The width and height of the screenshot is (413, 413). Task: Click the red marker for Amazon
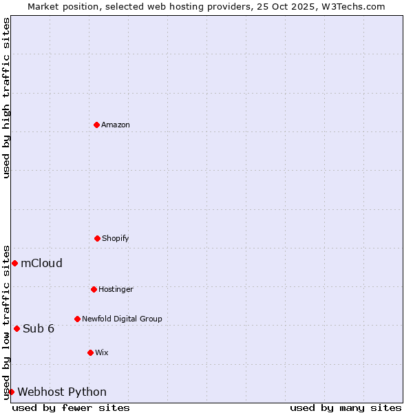[x=96, y=125]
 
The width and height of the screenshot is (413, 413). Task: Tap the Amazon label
[x=116, y=125]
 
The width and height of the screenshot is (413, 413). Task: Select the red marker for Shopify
[x=97, y=238]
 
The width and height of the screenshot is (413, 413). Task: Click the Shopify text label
[x=116, y=239]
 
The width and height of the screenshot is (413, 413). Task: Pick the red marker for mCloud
[x=14, y=263]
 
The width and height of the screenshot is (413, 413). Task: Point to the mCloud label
[x=41, y=263]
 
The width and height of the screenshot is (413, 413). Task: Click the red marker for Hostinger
[x=94, y=289]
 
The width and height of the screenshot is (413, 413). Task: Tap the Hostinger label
[x=116, y=290]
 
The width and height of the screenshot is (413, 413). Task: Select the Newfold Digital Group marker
[x=77, y=319]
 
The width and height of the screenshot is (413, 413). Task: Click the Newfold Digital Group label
[x=122, y=319]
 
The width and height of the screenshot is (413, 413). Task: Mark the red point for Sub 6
[x=17, y=328]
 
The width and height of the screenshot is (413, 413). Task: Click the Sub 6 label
[x=39, y=328]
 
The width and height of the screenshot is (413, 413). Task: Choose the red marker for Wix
[x=90, y=352]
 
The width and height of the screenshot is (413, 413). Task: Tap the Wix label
[x=102, y=353]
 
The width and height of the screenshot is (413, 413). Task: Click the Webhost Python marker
[x=11, y=392]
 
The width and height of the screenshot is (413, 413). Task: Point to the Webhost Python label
[x=62, y=392]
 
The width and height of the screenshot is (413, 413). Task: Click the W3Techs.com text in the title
[x=352, y=6]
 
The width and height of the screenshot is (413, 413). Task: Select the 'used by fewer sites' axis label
[x=71, y=407]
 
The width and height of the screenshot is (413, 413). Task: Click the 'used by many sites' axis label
[x=346, y=407]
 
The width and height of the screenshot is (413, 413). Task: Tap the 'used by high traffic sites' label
[x=6, y=98]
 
